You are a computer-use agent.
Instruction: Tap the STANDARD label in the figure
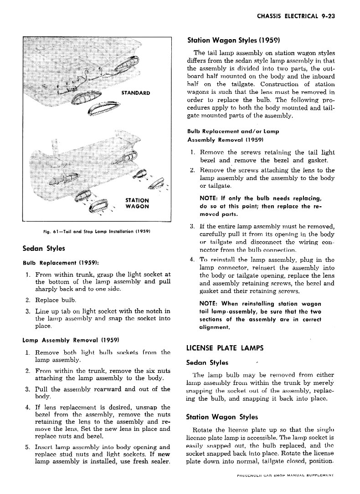(135, 93)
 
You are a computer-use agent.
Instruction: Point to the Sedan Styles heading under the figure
(43, 248)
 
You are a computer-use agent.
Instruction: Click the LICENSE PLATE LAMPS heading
(225, 349)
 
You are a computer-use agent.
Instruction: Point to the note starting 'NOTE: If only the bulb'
(261, 206)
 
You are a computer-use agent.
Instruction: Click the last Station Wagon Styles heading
(222, 417)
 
